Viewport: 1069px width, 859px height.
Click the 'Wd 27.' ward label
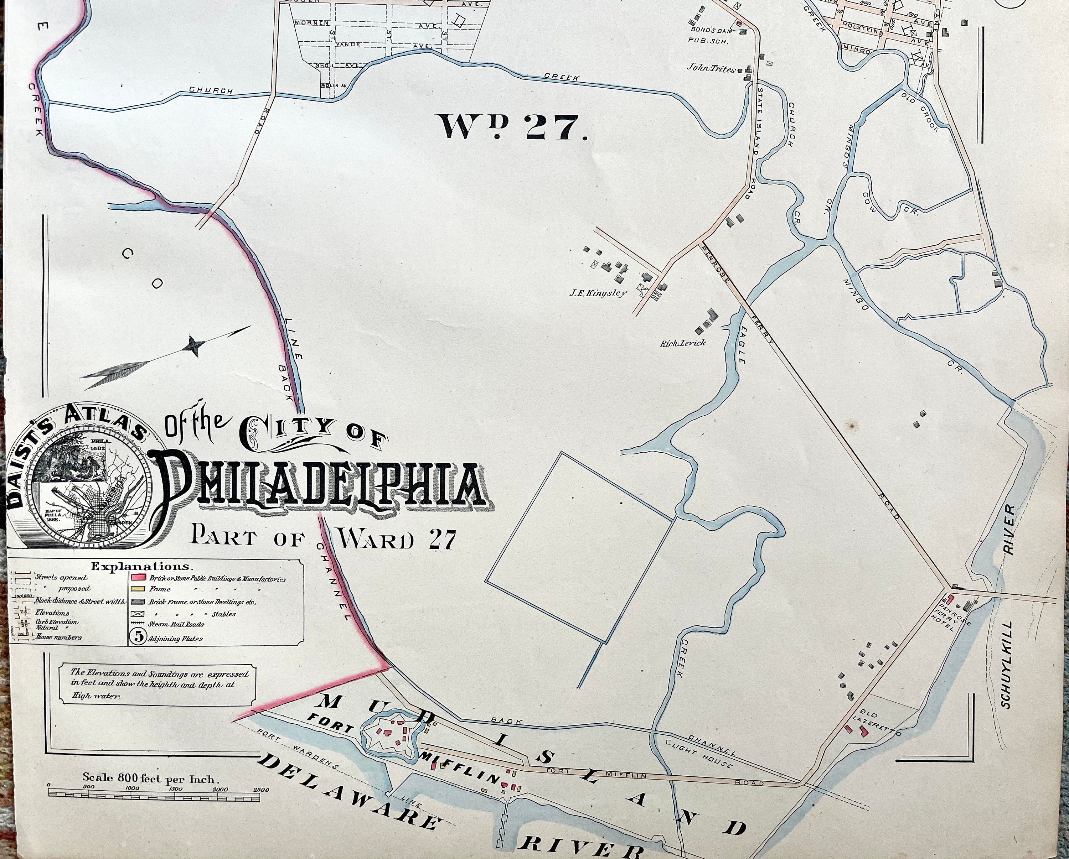(x=511, y=128)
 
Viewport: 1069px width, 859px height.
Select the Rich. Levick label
(x=682, y=343)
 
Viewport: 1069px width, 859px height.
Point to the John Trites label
(x=711, y=69)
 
